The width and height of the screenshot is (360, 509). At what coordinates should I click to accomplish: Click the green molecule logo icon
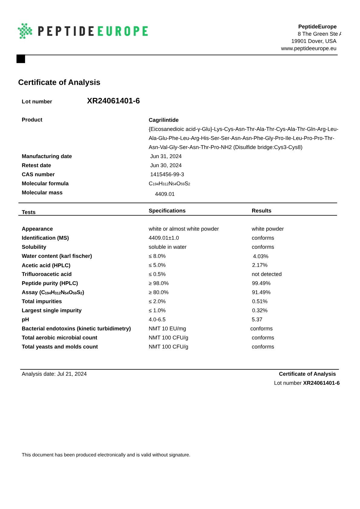25,31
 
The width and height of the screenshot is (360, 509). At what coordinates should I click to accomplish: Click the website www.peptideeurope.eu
308,48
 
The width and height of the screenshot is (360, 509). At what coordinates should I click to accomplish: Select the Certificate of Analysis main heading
59,82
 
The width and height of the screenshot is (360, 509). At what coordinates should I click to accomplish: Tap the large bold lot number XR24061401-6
113,101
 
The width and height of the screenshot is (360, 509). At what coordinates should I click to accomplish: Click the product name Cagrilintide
164,120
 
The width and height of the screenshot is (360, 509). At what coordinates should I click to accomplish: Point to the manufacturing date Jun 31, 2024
166,156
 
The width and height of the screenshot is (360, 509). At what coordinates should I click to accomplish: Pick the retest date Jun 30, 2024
166,165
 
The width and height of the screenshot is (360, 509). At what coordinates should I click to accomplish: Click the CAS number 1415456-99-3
167,174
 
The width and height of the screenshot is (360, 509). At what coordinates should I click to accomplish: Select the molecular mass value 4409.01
165,194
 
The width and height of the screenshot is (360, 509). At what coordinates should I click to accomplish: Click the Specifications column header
167,211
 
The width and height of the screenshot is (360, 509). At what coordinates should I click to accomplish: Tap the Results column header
261,211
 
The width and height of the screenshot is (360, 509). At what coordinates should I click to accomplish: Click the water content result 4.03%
261,256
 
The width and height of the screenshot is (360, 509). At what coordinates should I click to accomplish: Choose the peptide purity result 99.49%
261,283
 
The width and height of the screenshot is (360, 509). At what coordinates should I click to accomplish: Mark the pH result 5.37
257,319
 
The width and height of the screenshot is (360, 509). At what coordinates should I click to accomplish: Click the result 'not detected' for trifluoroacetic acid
267,274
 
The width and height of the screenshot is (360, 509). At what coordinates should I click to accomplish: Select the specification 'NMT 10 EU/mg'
167,329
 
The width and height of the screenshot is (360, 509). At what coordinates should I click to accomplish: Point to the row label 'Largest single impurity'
52,310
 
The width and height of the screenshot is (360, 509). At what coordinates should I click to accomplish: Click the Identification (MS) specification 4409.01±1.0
164,238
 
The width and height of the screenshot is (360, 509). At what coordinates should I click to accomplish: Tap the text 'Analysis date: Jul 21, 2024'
54,374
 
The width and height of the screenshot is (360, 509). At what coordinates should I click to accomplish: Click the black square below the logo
21,59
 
